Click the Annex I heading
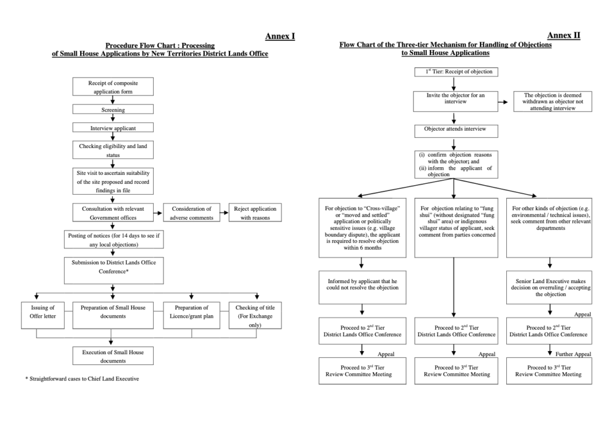click(x=280, y=36)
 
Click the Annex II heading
click(x=564, y=35)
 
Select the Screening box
click(x=113, y=109)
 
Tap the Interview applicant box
click(x=113, y=128)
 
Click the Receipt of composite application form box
click(x=113, y=87)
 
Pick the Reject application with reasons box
click(x=255, y=213)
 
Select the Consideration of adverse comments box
click(x=191, y=213)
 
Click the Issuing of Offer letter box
click(x=42, y=315)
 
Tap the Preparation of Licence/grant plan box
click(x=191, y=315)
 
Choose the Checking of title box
click(x=255, y=315)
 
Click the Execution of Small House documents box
click(x=113, y=356)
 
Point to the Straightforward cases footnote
click(x=82, y=379)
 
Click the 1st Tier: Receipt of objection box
click(x=456, y=72)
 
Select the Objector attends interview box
click(x=456, y=131)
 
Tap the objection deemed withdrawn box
click(x=553, y=102)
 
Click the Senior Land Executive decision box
click(x=549, y=287)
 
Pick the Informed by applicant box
click(x=362, y=287)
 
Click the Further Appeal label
click(x=573, y=354)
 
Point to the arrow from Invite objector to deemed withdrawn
click(x=503, y=102)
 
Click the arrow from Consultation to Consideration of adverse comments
click(x=158, y=213)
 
